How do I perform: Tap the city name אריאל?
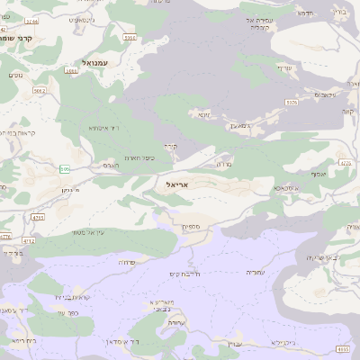pos(181,184)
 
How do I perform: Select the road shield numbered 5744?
pos(32,20)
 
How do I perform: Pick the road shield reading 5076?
pos(291,103)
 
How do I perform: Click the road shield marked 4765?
pos(38,217)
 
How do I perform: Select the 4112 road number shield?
pos(28,241)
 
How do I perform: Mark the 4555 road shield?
pos(342,348)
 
